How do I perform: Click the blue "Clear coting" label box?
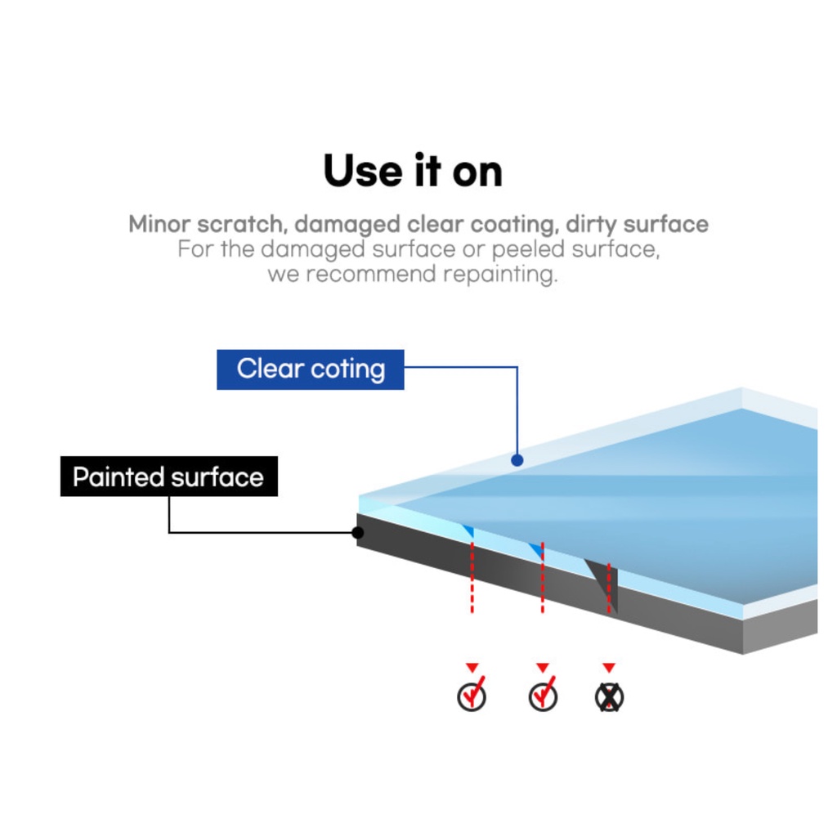(310, 369)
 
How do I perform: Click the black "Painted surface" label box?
(168, 477)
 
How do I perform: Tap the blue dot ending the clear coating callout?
(517, 459)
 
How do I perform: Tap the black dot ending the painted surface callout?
(358, 532)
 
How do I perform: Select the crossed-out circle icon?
(609, 697)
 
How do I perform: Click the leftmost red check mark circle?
(472, 696)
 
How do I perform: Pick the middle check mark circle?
(543, 696)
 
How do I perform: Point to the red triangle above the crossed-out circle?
(609, 667)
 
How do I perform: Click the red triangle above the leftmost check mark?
(472, 667)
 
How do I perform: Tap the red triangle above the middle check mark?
(543, 667)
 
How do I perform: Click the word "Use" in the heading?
(362, 171)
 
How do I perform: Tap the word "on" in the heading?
(477, 173)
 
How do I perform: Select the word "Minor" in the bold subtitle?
(159, 224)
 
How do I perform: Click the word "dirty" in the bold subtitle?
(591, 224)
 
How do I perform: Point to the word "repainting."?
(500, 275)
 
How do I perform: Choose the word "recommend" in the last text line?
(371, 275)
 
